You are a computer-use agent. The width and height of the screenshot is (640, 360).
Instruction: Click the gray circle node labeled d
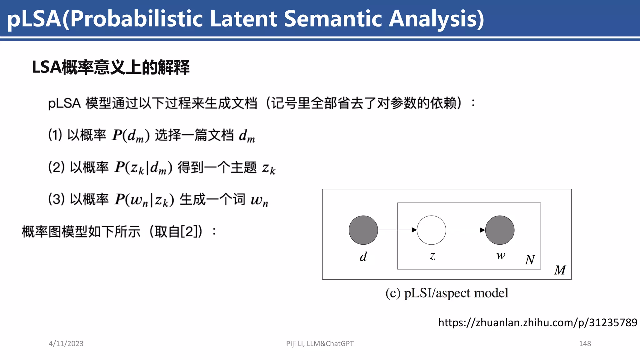coord(363,230)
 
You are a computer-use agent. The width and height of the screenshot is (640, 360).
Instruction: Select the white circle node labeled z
coord(431,230)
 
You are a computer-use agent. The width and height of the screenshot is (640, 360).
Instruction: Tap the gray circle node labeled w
coord(500,230)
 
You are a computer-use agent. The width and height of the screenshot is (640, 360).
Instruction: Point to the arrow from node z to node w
coord(466,230)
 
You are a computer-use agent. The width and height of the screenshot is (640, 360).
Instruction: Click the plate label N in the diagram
coord(530,260)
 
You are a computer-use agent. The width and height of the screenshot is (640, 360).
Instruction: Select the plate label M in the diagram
coord(560,270)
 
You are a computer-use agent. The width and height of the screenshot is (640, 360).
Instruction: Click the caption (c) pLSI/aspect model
coord(447,293)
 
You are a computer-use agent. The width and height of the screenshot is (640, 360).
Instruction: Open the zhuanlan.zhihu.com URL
coord(537,322)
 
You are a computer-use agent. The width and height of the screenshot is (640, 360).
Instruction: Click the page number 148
coord(585,343)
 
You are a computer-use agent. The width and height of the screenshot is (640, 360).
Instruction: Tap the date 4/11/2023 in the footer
coord(66,343)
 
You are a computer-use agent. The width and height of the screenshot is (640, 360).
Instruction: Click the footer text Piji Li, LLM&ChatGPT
coord(320,343)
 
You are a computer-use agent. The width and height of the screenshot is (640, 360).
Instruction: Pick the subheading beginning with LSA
coord(111,67)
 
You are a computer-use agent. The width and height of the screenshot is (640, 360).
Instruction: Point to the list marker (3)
coord(57,199)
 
